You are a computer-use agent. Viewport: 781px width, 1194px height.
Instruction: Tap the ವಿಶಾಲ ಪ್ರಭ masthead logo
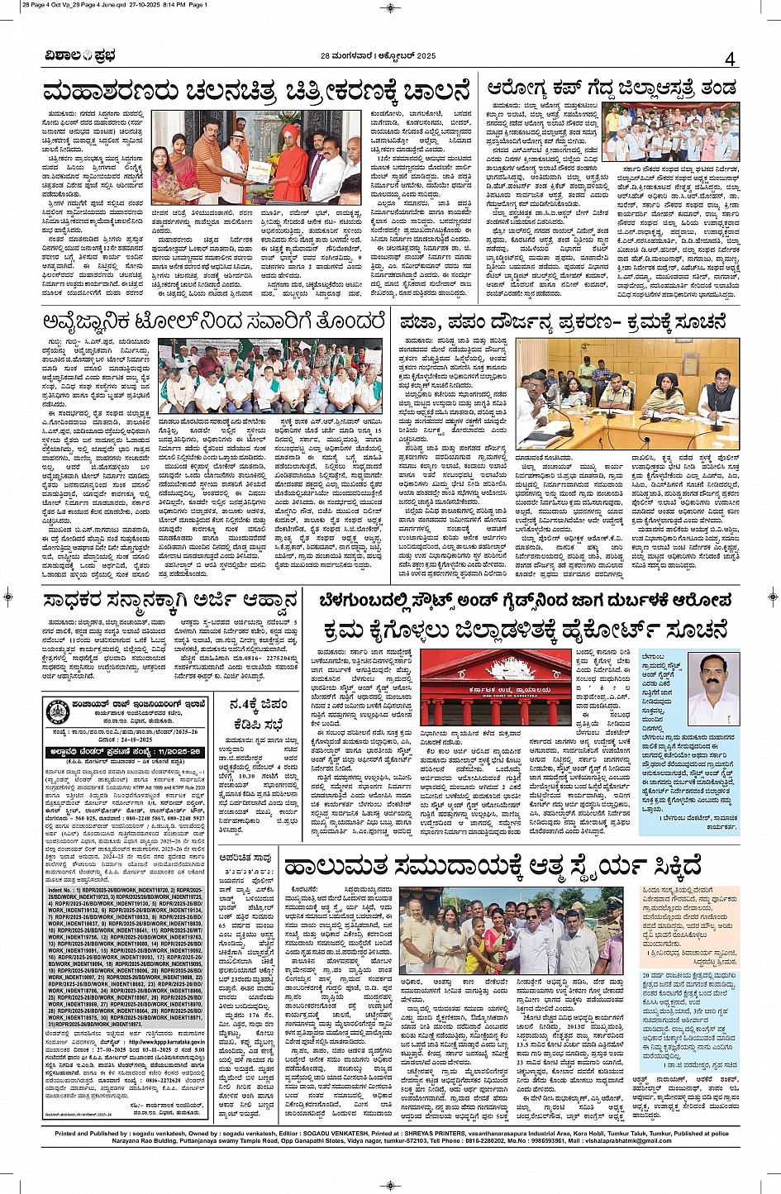(x=80, y=56)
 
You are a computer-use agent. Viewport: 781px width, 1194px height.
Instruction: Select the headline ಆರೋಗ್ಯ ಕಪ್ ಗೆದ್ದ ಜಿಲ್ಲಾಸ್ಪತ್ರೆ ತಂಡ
(x=611, y=88)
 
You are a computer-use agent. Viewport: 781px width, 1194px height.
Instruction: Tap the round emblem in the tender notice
(x=58, y=711)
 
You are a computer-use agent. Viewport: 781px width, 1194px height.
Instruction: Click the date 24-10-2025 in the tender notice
(x=181, y=739)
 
